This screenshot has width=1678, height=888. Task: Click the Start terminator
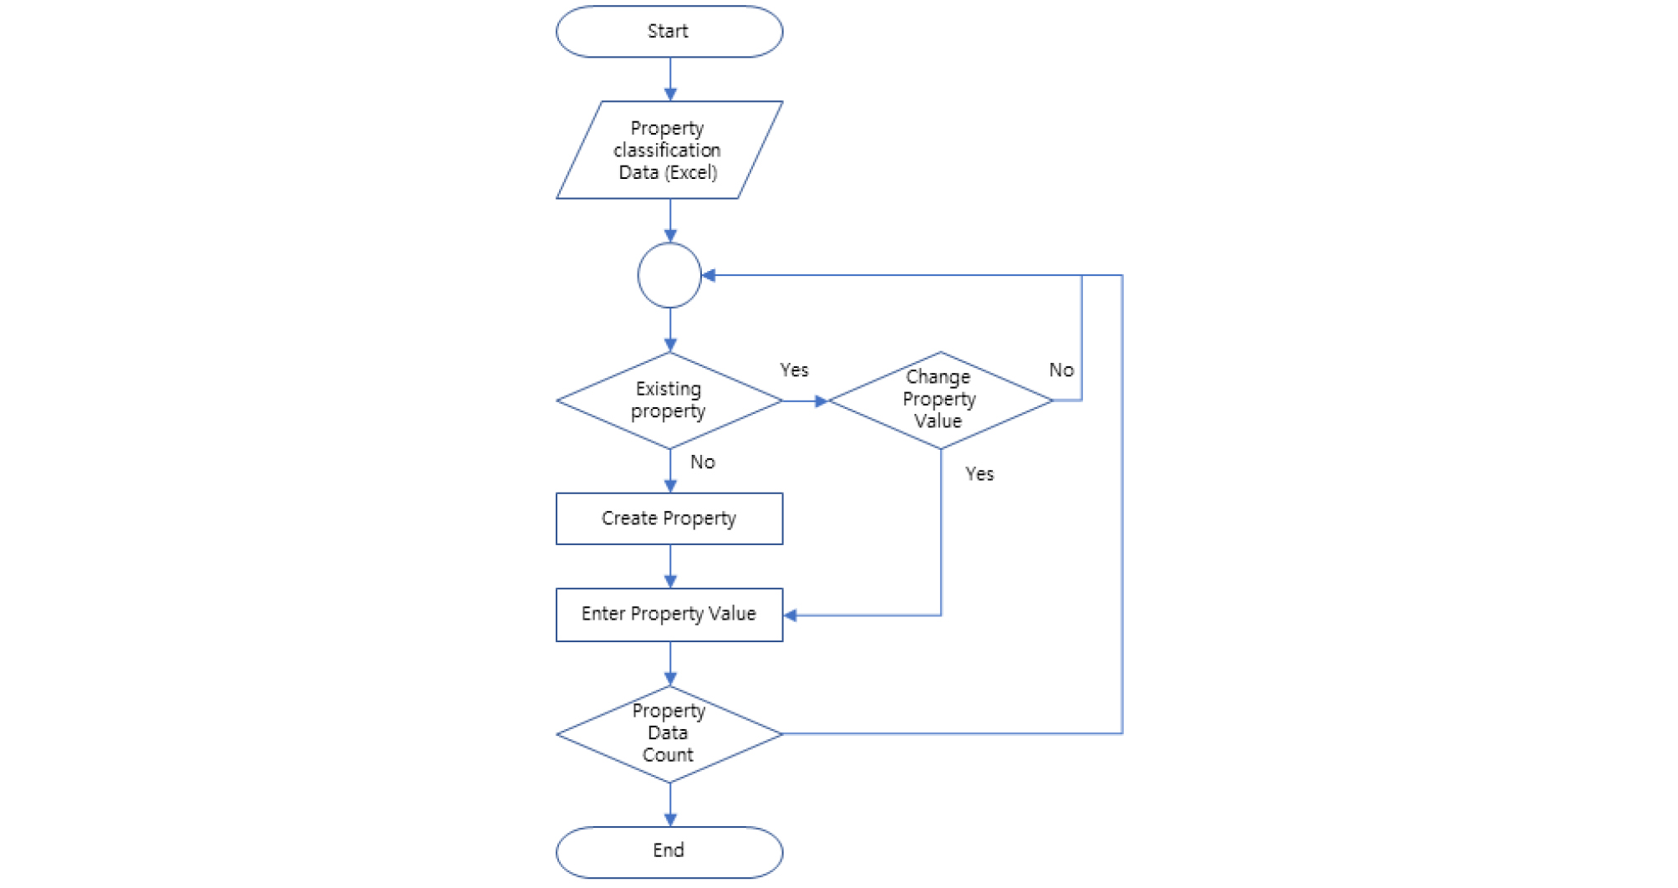tap(669, 32)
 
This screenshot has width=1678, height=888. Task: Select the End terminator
tap(669, 851)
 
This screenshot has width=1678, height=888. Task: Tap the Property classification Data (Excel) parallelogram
tap(669, 151)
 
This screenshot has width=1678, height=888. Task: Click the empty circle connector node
tap(669, 275)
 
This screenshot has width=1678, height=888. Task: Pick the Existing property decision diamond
tap(669, 401)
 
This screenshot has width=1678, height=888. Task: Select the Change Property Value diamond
tap(939, 400)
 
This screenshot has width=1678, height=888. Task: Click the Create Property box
tap(669, 518)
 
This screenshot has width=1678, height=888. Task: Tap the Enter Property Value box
tap(669, 615)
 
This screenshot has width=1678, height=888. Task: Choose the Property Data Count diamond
tap(669, 733)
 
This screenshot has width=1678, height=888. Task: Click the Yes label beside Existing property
tap(794, 370)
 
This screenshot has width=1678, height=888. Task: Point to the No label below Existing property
tap(702, 462)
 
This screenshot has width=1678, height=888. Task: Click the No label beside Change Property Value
tap(1060, 370)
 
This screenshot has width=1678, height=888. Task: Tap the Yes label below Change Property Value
tap(979, 474)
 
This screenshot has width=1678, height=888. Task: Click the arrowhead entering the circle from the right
tap(709, 275)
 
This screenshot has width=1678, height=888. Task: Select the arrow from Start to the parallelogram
tap(670, 79)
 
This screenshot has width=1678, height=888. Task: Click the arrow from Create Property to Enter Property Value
tap(670, 567)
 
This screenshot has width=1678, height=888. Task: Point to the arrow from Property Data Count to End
tap(670, 805)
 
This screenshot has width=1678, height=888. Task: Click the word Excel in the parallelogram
tap(692, 173)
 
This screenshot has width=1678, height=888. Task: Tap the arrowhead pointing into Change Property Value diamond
tap(821, 401)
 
